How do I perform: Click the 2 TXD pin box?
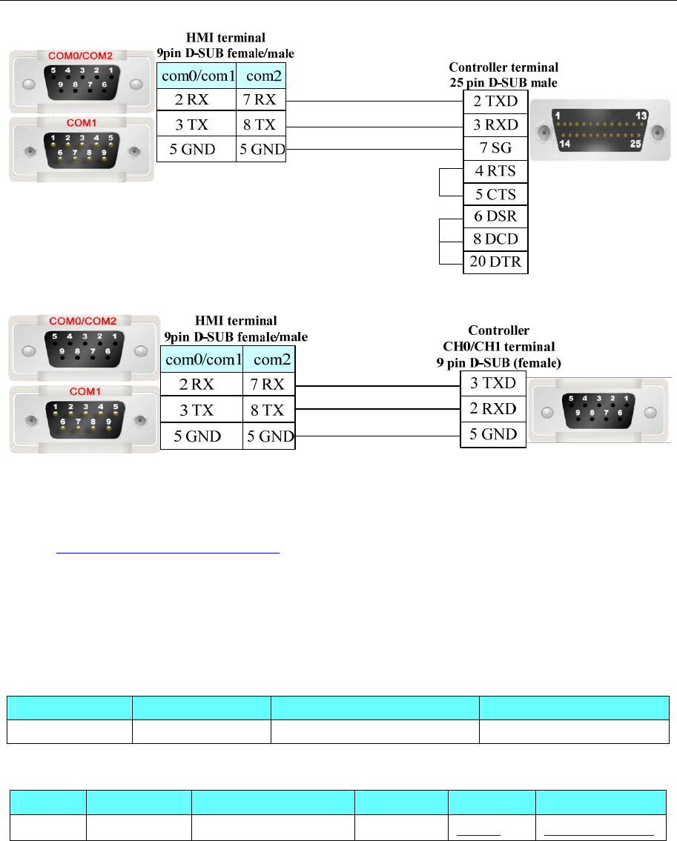pyautogui.click(x=495, y=102)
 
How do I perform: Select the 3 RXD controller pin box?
pyautogui.click(x=495, y=124)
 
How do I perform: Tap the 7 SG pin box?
pyautogui.click(x=495, y=148)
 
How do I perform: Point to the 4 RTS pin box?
pyautogui.click(x=495, y=171)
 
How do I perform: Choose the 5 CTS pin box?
pyautogui.click(x=495, y=194)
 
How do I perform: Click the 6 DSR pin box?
pyautogui.click(x=495, y=216)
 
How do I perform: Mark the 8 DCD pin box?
pyautogui.click(x=495, y=239)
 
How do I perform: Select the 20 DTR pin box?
pyautogui.click(x=495, y=262)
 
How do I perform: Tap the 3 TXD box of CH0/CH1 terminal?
pyautogui.click(x=493, y=383)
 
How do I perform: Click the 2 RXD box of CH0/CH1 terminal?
pyautogui.click(x=493, y=408)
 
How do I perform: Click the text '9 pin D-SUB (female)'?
pyautogui.click(x=498, y=363)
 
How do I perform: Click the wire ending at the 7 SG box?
pyautogui.click(x=374, y=148)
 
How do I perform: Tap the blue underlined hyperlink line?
pyautogui.click(x=168, y=552)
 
